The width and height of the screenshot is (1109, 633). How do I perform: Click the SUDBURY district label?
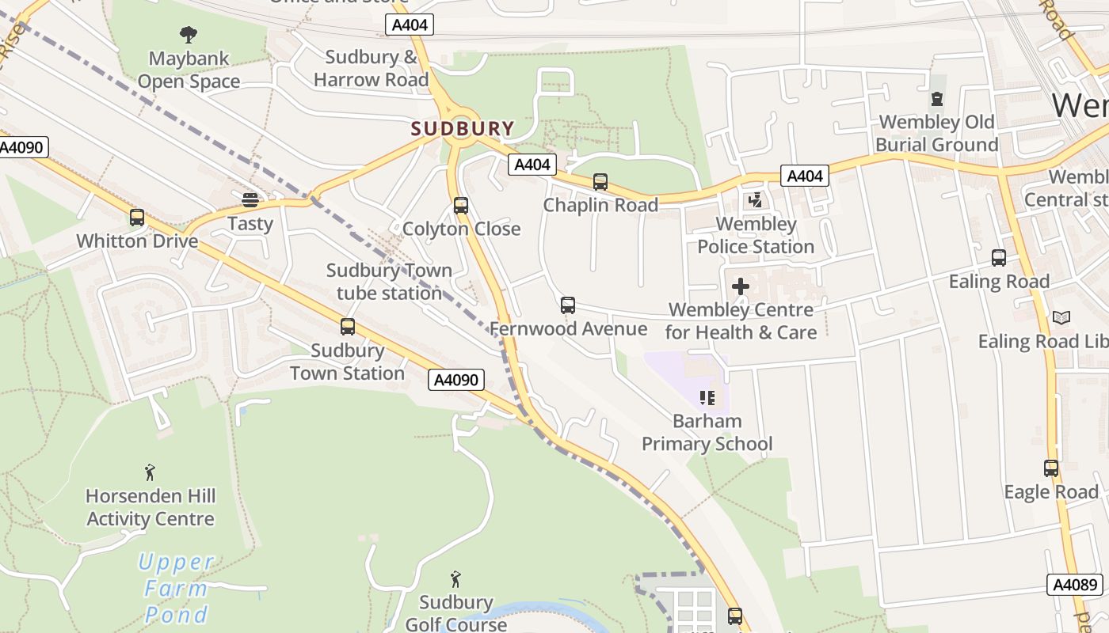pos(463,128)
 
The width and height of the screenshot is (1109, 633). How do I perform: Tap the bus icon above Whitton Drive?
pos(137,217)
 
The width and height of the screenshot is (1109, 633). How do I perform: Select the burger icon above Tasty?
pos(250,199)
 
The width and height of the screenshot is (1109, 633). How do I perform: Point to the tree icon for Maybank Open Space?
pos(188,34)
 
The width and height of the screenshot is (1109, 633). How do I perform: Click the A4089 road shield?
pos(1075,585)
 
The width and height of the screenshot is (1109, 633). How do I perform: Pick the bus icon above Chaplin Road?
pos(600,182)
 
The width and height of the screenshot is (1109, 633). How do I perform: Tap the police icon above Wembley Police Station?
pos(755,200)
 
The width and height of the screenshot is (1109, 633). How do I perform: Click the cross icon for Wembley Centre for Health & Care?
pos(741,286)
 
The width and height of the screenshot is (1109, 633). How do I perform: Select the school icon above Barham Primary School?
pos(707,397)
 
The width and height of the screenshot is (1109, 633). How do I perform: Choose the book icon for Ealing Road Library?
pos(1061,317)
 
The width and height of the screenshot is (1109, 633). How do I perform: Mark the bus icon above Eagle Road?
pos(1051,468)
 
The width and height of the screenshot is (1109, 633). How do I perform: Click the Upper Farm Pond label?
pos(176,588)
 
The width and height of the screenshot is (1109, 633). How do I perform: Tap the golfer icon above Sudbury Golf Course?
pos(455,579)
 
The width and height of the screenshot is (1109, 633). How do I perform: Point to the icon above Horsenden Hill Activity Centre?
pos(150,473)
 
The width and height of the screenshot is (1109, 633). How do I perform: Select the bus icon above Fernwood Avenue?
pos(568,305)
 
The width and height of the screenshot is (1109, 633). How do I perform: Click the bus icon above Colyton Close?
pos(461,206)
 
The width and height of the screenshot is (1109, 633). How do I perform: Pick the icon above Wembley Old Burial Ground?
pos(937,99)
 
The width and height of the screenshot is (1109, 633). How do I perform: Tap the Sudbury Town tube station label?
pos(389,282)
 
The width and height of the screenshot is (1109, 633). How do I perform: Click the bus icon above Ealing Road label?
pos(999,258)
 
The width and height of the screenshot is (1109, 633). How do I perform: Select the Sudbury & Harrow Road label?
pos(371,68)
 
